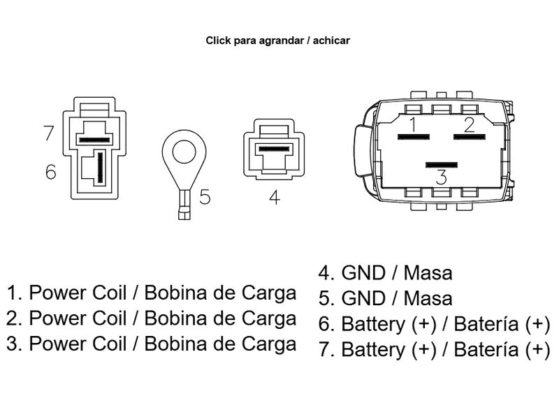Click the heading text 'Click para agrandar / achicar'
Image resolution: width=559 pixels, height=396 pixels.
click(278, 41)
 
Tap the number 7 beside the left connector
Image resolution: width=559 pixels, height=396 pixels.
click(48, 133)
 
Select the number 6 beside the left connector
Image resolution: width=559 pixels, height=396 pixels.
click(50, 171)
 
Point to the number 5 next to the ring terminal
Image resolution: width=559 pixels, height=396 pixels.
click(204, 197)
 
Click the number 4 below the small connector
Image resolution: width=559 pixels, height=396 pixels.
click(274, 198)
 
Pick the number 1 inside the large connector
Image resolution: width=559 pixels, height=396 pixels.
click(414, 125)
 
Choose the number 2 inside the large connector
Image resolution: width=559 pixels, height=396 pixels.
click(469, 125)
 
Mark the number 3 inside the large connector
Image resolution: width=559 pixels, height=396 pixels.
click(441, 177)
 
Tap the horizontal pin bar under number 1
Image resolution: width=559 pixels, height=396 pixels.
click(412, 137)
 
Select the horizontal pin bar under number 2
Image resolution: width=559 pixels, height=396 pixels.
click(469, 137)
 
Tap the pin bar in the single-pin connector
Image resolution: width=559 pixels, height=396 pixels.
click(274, 149)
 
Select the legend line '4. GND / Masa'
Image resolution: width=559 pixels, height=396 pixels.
click(386, 272)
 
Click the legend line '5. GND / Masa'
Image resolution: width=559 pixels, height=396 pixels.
click(386, 299)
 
